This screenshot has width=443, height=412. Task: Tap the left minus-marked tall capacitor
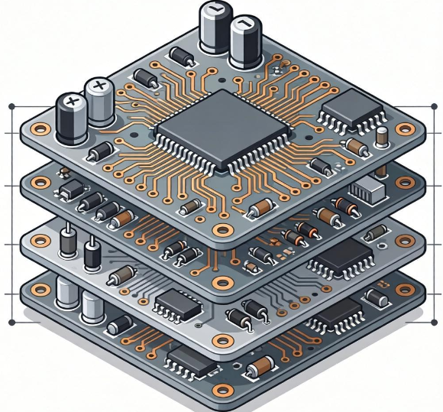pos(214,29)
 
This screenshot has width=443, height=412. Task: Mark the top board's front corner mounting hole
pos(223,229)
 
